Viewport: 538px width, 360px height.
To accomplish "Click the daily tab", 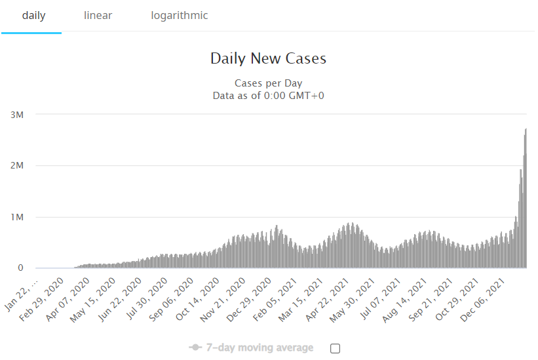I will (33, 16).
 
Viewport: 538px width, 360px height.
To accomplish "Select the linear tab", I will (98, 16).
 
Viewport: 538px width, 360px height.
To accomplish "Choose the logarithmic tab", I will (179, 16).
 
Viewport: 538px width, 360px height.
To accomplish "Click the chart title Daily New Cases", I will (268, 58).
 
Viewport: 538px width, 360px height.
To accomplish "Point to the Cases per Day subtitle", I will (268, 83).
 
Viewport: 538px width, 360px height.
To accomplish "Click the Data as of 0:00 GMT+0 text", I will (268, 96).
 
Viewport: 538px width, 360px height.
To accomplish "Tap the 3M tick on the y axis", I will (17, 115).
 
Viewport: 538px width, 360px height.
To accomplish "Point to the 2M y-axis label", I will (17, 166).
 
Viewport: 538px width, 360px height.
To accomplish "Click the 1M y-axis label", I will (17, 217).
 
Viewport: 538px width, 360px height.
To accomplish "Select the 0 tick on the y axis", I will (20, 268).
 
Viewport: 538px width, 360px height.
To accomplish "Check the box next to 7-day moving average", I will (335, 348).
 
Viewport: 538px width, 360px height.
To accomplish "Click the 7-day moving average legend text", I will (259, 348).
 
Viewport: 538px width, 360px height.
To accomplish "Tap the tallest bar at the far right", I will (526, 197).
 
